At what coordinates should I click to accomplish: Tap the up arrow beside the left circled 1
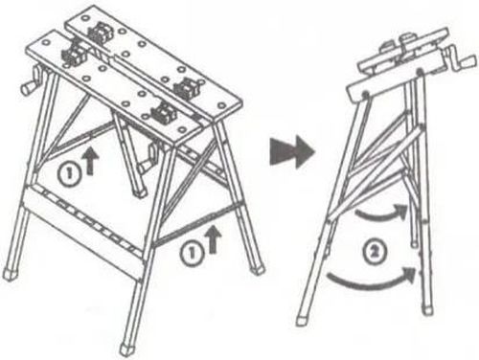[x=91, y=160]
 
